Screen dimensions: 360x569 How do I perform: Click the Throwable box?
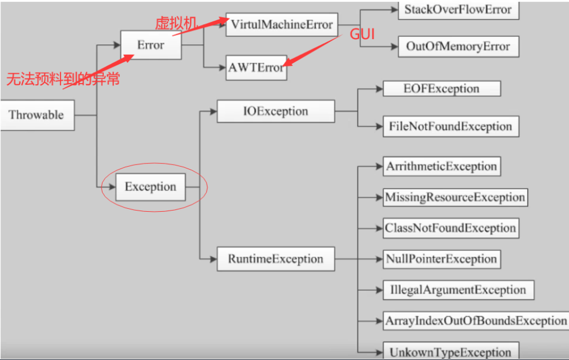click(x=36, y=115)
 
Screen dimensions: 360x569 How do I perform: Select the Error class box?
click(x=151, y=45)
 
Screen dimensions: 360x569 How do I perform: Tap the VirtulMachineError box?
click(x=281, y=25)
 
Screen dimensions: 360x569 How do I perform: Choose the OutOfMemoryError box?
click(x=458, y=47)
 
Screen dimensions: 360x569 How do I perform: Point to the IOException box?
click(x=276, y=111)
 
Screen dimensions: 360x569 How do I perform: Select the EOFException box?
click(x=442, y=89)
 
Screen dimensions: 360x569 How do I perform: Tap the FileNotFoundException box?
click(x=450, y=126)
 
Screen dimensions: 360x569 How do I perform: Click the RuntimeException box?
click(x=276, y=258)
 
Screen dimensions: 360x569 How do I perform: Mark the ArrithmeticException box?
click(x=442, y=167)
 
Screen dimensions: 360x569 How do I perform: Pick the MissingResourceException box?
click(x=455, y=197)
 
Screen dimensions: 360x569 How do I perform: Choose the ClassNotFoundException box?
click(x=450, y=228)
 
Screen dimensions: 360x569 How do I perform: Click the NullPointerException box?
click(x=442, y=259)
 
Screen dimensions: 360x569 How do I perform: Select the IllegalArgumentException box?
click(x=454, y=290)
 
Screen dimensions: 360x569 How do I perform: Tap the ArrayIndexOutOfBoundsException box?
click(x=476, y=321)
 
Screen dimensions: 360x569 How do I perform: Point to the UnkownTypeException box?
click(x=450, y=352)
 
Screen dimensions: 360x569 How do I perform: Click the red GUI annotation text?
click(x=363, y=35)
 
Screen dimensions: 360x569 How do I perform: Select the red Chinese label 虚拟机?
click(x=176, y=24)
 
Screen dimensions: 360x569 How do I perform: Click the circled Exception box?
click(x=150, y=187)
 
